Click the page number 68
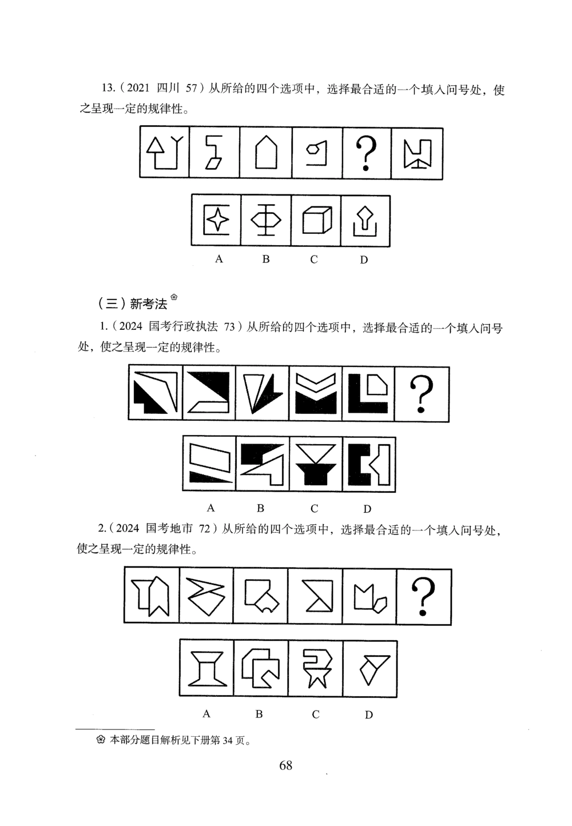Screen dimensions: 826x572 [285, 765]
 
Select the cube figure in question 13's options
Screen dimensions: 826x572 [316, 221]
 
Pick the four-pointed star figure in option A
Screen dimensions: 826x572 [216, 221]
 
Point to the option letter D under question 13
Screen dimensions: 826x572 [364, 260]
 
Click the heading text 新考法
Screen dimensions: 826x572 [148, 303]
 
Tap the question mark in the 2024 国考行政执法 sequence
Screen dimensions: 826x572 [422, 394]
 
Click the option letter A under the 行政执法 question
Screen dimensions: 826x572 [210, 508]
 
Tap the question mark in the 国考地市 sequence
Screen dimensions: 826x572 [424, 596]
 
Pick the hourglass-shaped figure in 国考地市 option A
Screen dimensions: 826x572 [206, 669]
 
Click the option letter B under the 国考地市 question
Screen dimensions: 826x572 [259, 714]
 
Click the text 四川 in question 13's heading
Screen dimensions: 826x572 [169, 88]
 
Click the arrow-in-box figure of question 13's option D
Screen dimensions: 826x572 [365, 222]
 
